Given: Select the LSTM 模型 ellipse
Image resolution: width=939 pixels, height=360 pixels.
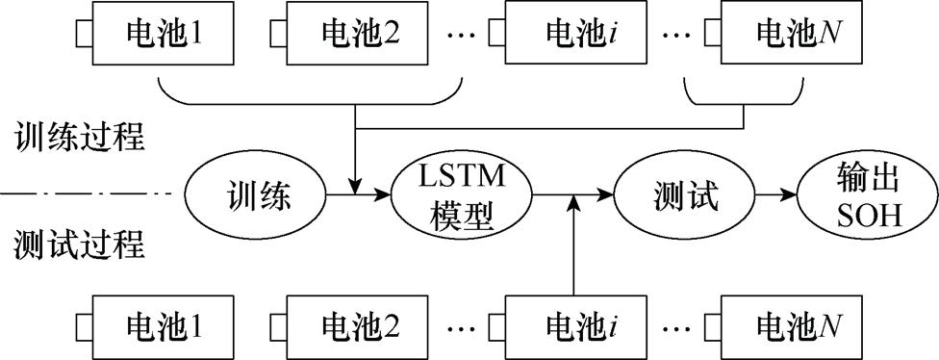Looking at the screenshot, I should point(463,197).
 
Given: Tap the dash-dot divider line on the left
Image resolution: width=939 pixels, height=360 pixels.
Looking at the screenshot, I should point(87,196).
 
